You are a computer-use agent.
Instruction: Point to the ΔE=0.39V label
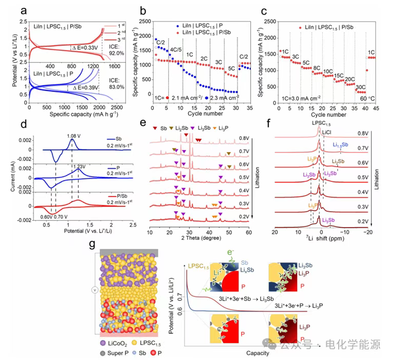[x=86, y=88]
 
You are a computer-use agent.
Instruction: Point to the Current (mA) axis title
[x=12, y=177]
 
